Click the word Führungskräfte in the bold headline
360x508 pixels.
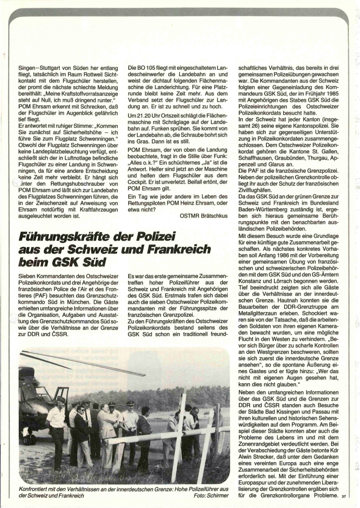67,236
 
